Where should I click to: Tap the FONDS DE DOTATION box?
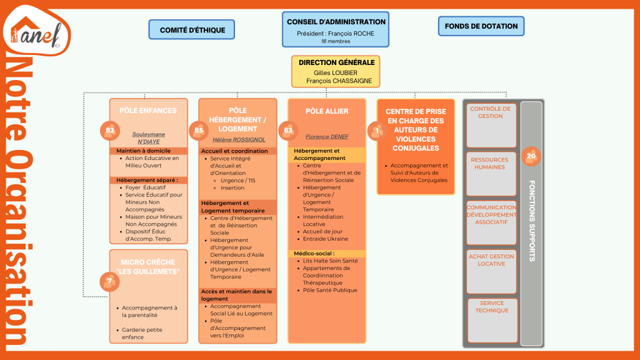click(481, 26)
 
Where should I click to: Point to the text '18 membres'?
click(336, 42)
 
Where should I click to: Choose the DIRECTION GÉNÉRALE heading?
click(336, 62)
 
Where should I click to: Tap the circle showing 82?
click(110, 131)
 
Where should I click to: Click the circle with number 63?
click(288, 131)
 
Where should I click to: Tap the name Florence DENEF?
click(326, 136)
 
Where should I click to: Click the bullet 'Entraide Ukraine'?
click(326, 239)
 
